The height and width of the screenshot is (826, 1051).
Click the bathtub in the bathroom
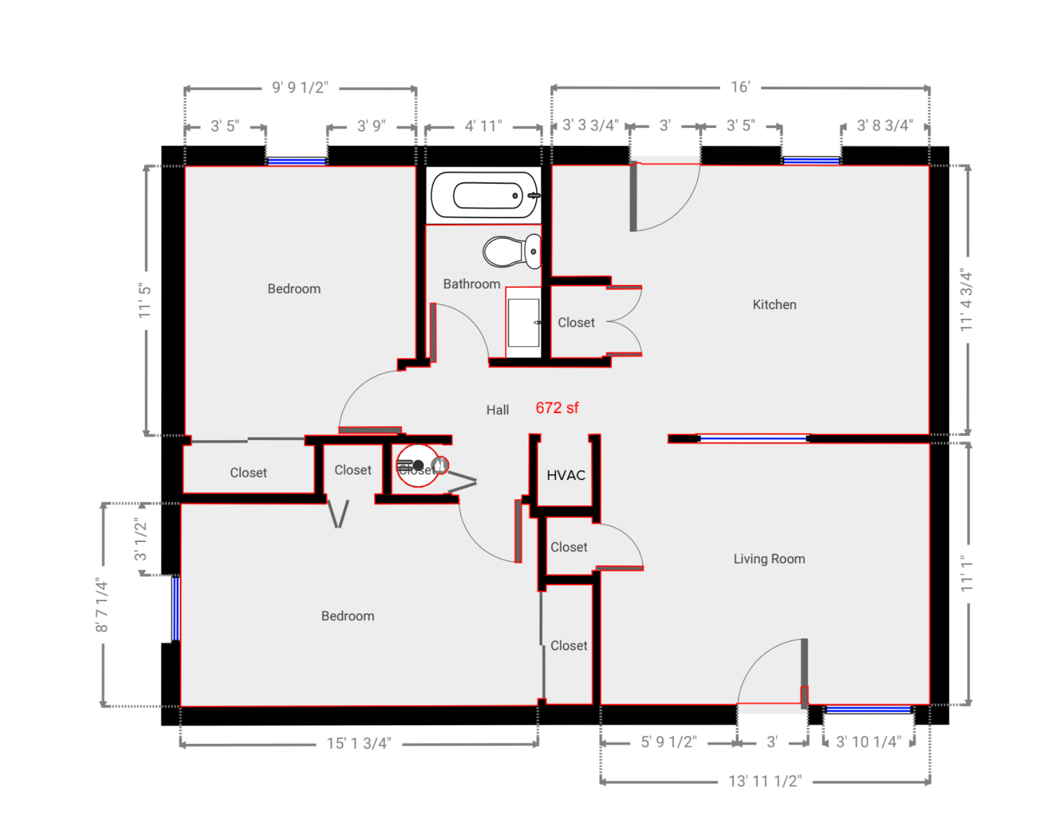(x=484, y=195)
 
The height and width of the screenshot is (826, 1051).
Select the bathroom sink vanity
(x=523, y=323)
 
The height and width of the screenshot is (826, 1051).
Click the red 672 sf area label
(x=557, y=408)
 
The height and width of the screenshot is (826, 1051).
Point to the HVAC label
(x=566, y=475)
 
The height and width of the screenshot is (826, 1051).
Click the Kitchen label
(x=774, y=304)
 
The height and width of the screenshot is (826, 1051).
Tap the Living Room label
(x=769, y=558)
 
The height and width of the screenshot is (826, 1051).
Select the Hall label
(x=497, y=410)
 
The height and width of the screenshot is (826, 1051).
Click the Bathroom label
(x=472, y=284)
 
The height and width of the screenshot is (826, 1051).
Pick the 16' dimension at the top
(x=740, y=87)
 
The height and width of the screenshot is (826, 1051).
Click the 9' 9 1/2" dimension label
(x=300, y=88)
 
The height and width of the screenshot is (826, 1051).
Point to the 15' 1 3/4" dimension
(x=358, y=743)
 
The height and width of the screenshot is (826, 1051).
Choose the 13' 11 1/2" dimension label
(x=765, y=781)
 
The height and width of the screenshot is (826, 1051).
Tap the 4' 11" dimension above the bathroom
(x=483, y=126)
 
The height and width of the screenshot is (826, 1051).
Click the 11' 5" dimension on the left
(x=145, y=301)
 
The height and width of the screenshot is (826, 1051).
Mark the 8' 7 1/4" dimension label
(x=102, y=605)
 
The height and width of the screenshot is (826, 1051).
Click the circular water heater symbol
(x=418, y=466)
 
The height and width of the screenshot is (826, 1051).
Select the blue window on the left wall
(x=175, y=609)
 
